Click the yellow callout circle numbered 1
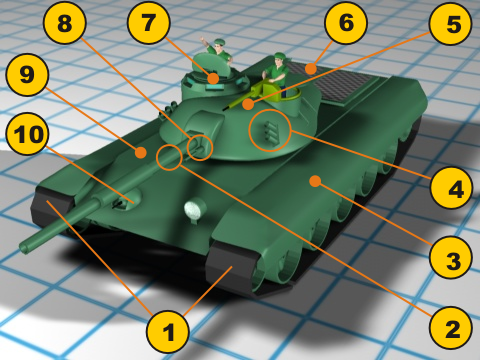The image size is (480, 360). (168, 332)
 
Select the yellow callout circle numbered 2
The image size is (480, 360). (451, 328)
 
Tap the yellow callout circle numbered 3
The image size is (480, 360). (451, 258)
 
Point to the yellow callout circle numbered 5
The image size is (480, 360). (451, 24)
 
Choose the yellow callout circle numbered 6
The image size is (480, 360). (346, 23)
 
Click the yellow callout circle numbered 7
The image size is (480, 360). (149, 22)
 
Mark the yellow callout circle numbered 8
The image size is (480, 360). (65, 23)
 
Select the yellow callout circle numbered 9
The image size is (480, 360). (27, 75)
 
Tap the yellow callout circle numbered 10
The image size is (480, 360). (27, 133)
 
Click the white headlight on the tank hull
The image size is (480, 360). (195, 208)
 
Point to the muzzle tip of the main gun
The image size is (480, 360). (24, 248)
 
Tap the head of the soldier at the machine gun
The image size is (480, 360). (278, 59)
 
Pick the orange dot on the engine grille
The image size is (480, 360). (311, 69)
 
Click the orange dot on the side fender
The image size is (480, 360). (315, 181)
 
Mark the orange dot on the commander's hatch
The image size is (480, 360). (213, 79)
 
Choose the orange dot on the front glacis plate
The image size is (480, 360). (141, 153)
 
